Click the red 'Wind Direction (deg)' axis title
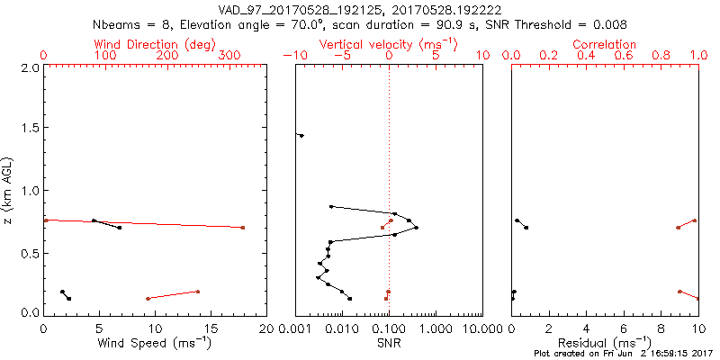point(157,44)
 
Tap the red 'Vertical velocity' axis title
point(388,44)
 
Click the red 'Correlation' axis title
point(605,44)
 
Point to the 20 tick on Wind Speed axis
point(266,329)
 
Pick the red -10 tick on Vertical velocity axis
point(292,56)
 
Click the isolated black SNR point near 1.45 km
point(301,136)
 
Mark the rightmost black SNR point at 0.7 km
point(416,228)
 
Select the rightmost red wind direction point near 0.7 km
point(243,228)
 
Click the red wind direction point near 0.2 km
point(197,292)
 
